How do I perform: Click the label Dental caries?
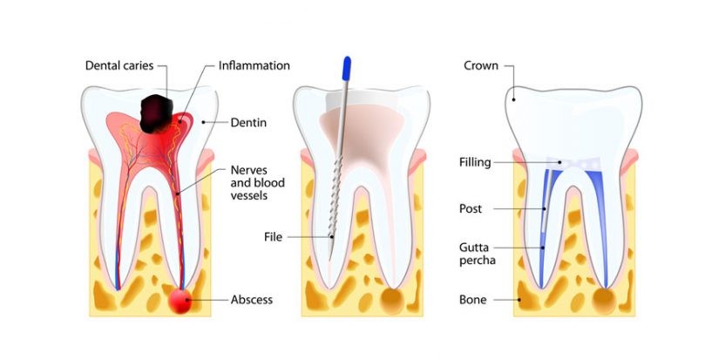(121, 65)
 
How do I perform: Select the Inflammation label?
(254, 65)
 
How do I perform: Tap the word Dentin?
(248, 123)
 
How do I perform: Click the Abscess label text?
(252, 300)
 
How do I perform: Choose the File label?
(274, 236)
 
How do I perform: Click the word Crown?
(480, 65)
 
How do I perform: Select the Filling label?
(475, 162)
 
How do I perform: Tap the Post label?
(471, 209)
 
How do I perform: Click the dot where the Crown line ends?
(515, 98)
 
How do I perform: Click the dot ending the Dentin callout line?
(204, 122)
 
